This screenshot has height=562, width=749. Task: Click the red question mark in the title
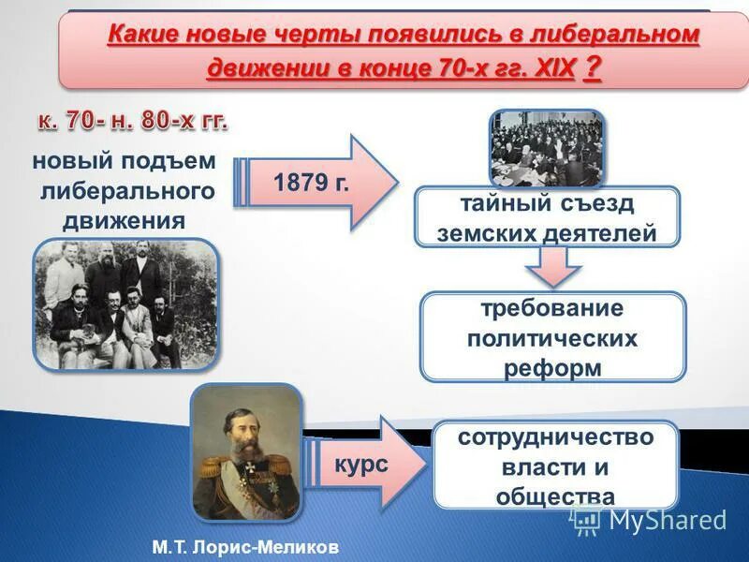592,69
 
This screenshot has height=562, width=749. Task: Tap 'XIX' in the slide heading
551,70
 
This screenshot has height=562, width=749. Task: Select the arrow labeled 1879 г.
318,181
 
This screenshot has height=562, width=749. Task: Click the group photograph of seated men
125,303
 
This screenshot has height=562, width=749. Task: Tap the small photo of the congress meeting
547,148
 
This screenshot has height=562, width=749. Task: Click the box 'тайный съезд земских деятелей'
548,218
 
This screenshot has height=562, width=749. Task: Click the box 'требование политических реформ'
552,336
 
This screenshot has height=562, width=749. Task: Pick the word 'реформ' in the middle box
552,368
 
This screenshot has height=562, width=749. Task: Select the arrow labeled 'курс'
365,466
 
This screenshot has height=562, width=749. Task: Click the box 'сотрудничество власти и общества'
555,466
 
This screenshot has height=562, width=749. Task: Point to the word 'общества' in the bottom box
555,495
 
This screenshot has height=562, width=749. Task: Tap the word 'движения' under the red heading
124,221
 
